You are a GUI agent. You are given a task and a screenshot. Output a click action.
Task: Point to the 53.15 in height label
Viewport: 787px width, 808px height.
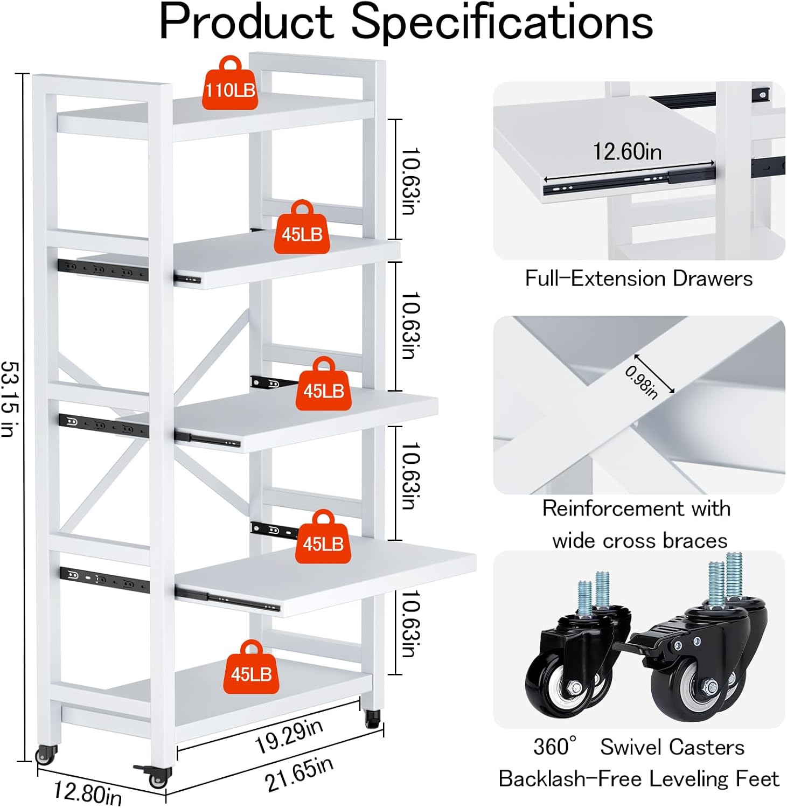pyautogui.click(x=10, y=399)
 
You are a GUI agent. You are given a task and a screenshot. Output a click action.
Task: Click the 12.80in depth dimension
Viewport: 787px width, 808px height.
pyautogui.click(x=87, y=792)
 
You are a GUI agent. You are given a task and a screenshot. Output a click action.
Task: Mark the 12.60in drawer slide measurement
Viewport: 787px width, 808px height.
pyautogui.click(x=627, y=151)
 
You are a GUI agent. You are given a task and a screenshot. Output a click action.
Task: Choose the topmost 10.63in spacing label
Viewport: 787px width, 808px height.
pyautogui.click(x=411, y=181)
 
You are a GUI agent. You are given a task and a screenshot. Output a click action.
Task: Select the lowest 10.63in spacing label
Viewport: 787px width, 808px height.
pyautogui.click(x=411, y=623)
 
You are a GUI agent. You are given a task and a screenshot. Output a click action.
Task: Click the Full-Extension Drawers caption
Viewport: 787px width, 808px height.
pyautogui.click(x=639, y=278)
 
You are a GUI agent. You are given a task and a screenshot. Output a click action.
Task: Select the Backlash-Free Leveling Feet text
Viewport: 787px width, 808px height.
pyautogui.click(x=639, y=778)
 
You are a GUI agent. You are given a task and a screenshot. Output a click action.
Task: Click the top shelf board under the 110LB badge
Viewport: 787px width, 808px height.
pyautogui.click(x=215, y=119)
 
